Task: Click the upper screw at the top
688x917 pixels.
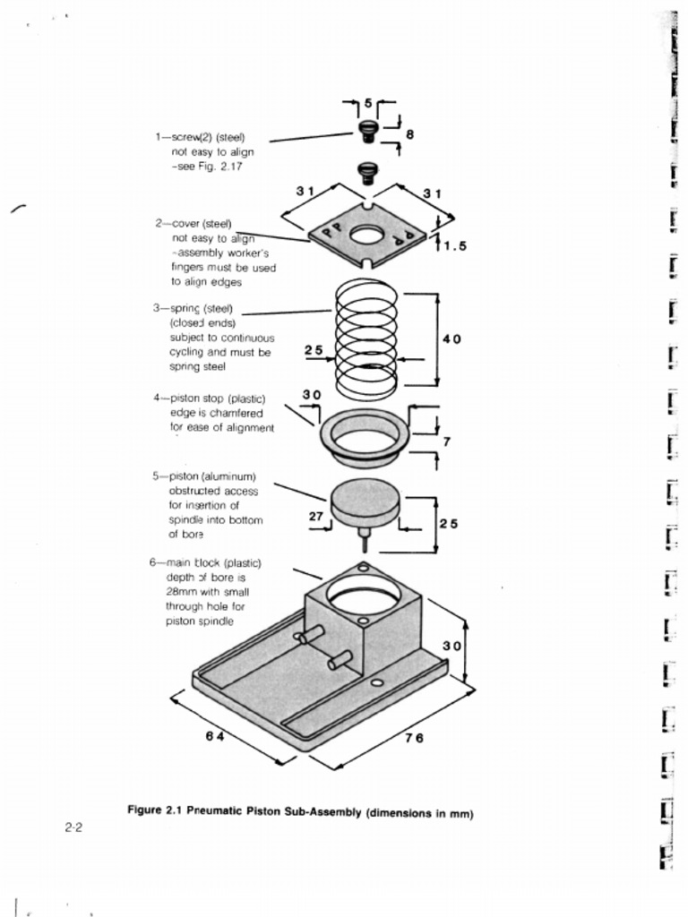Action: (367, 131)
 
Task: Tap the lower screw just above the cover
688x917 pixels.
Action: (366, 171)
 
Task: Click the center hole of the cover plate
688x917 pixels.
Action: (365, 236)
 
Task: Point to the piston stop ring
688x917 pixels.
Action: (365, 437)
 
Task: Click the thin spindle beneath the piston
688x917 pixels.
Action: (364, 541)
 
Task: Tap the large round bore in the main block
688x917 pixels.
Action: (363, 594)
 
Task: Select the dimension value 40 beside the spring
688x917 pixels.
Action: (451, 339)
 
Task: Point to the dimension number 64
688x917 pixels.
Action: (213, 736)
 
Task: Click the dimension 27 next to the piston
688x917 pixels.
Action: (315, 516)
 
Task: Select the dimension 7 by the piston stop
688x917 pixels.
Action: (446, 441)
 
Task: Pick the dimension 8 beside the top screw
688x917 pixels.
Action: (409, 134)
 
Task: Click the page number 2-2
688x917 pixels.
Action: (74, 828)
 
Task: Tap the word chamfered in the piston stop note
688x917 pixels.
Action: (233, 413)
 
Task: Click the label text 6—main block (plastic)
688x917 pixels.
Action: (205, 562)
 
